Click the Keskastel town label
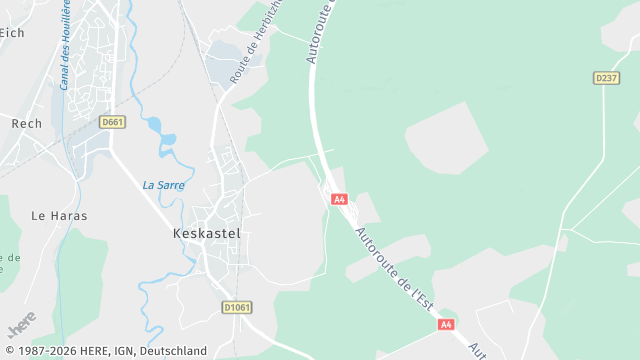click(198, 232)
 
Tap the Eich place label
click(11, 33)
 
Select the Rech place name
click(26, 124)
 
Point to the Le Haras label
click(59, 215)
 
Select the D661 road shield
click(112, 122)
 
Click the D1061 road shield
click(235, 307)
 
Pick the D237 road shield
click(606, 77)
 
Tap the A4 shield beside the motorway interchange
click(340, 199)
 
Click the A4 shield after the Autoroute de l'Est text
click(445, 324)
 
